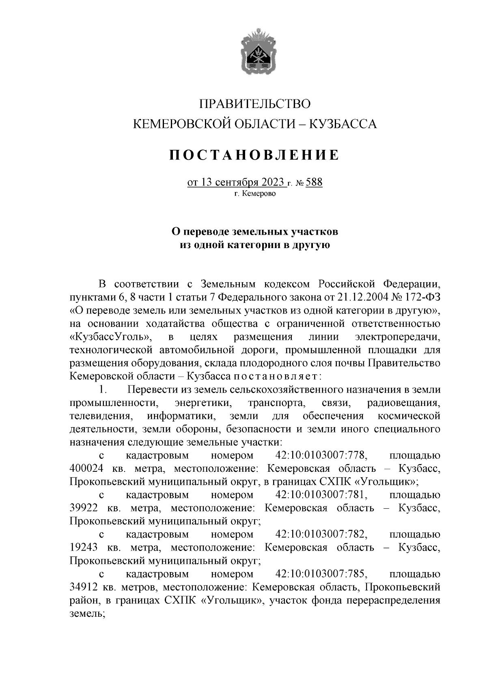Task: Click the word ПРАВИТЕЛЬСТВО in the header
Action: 255,104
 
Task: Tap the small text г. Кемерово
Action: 255,194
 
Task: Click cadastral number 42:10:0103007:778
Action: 321,456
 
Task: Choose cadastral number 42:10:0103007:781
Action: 321,495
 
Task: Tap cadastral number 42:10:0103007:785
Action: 321,574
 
